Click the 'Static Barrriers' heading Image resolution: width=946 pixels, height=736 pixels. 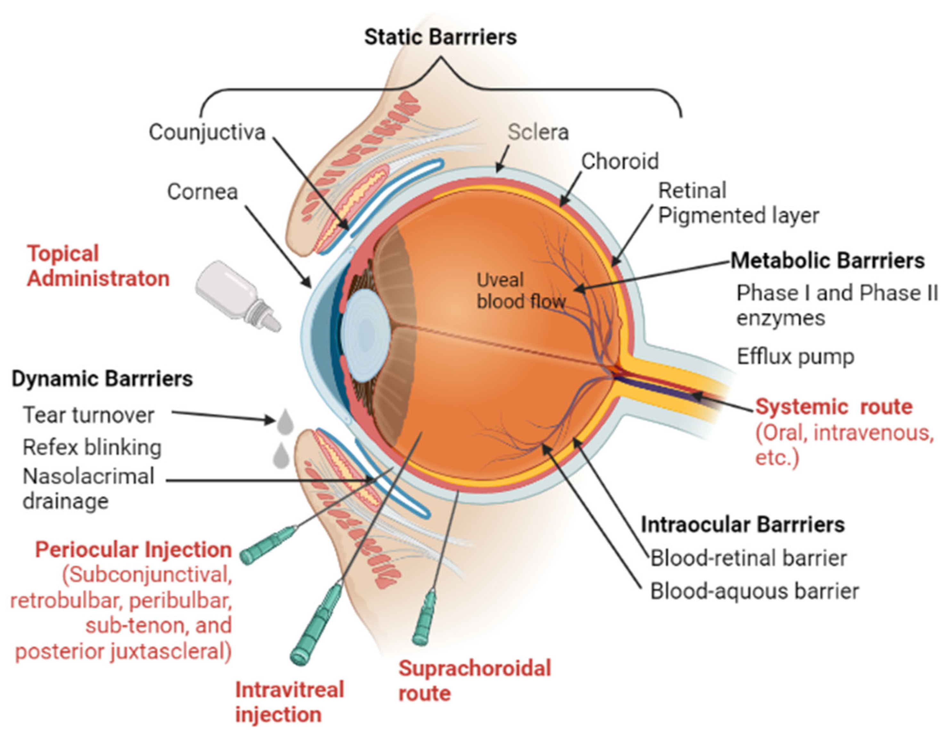point(440,37)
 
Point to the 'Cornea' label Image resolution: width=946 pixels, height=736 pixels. point(202,191)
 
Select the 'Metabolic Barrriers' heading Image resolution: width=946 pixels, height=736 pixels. point(827,260)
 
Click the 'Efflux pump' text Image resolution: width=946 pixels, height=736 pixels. point(795,357)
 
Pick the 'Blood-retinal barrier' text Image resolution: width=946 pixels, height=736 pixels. point(748,558)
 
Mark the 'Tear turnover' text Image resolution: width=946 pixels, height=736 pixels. point(88,415)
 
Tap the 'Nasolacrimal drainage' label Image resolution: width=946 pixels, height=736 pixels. point(88,488)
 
